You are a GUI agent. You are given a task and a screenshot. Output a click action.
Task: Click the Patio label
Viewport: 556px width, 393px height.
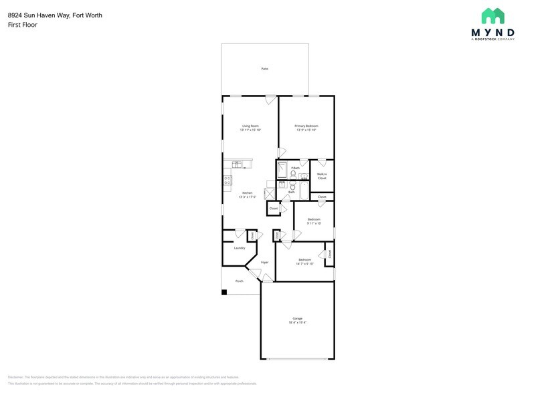265,69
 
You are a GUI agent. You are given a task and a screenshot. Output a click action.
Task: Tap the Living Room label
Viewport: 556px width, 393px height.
250,126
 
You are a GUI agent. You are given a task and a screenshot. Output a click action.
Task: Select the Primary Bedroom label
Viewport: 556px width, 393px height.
306,126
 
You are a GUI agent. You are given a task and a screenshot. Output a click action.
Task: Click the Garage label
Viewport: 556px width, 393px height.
297,318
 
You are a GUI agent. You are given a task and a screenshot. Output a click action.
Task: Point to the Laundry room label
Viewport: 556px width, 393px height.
239,248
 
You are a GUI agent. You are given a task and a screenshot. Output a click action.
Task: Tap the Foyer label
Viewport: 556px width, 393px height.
265,262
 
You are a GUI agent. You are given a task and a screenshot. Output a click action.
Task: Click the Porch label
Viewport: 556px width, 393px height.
239,281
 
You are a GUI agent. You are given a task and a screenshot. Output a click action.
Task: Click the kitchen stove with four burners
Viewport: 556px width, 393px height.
227,179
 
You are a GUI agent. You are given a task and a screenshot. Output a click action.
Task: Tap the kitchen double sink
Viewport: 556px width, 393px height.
238,164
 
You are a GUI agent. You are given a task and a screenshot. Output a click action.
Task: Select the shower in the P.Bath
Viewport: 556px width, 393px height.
282,168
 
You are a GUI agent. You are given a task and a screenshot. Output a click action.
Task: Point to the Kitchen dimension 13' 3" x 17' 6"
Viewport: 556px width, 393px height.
248,197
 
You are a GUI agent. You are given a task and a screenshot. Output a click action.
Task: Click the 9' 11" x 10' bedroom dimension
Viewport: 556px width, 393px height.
314,223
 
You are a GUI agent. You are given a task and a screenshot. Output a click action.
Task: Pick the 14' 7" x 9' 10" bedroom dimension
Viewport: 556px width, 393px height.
304,263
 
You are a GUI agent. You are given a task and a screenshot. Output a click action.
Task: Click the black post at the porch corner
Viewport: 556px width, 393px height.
225,292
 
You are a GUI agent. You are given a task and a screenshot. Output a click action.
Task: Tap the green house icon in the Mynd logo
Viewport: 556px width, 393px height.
492,16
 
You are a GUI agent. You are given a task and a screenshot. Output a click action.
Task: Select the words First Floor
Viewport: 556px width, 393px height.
23,25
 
